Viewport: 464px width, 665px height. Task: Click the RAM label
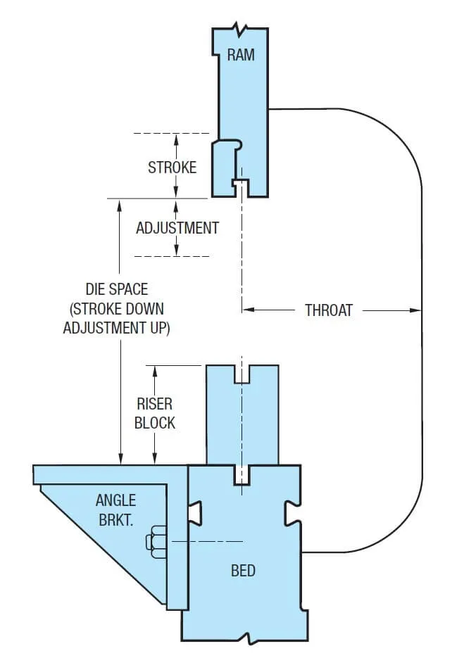[241, 55]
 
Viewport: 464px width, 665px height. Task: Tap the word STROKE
[172, 167]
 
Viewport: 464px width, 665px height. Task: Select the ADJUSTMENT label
[177, 228]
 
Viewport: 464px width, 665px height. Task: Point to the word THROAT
[329, 310]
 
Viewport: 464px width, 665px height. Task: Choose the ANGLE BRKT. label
[116, 511]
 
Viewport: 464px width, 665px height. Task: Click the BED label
[244, 570]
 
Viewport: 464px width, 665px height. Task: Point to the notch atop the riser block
[242, 374]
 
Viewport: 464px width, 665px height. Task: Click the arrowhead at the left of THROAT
[247, 310]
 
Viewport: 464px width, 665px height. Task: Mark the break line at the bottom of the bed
[248, 638]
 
